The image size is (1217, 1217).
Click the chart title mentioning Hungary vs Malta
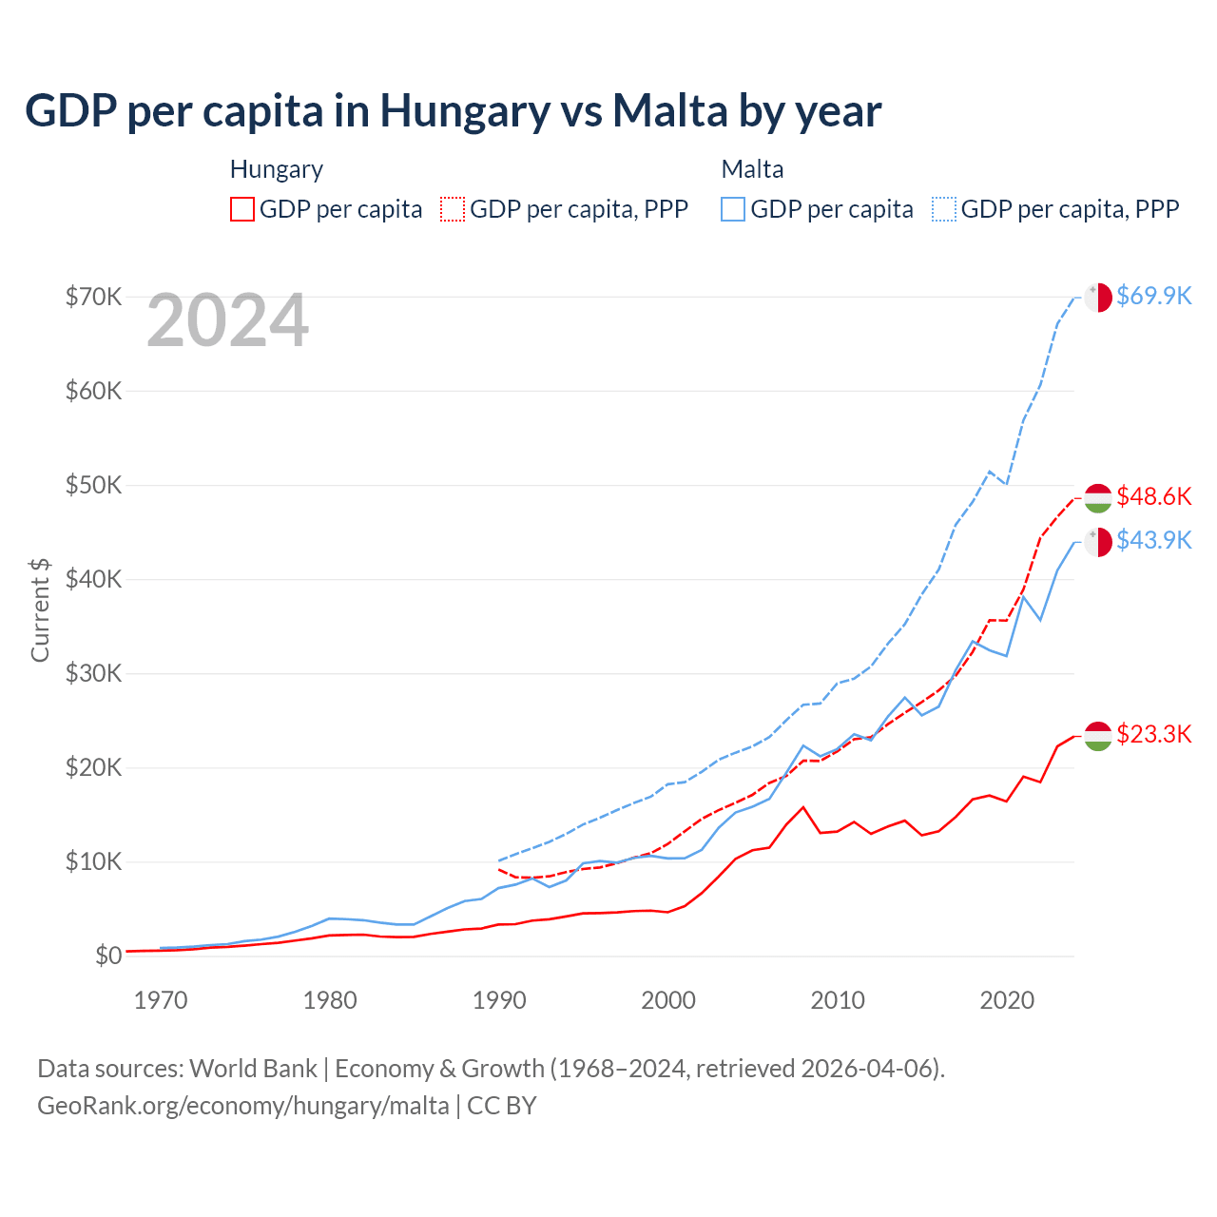[x=453, y=111]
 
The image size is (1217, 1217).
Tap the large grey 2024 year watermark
[x=227, y=321]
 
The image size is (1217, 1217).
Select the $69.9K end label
[x=1153, y=296]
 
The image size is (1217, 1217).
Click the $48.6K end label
[x=1153, y=496]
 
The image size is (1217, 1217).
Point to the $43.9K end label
[x=1153, y=540]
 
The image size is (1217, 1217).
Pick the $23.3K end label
[x=1153, y=734]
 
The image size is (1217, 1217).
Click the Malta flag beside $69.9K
[x=1098, y=297]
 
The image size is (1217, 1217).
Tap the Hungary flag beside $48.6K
[x=1098, y=497]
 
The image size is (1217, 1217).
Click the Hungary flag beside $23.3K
[x=1098, y=736]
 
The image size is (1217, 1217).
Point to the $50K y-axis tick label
[x=93, y=485]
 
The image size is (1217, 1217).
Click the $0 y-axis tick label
[x=108, y=956]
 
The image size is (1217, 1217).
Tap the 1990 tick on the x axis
[x=499, y=1000]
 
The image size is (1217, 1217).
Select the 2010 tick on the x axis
[x=838, y=1000]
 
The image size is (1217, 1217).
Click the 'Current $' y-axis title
[x=40, y=610]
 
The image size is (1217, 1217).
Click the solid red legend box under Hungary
[x=242, y=209]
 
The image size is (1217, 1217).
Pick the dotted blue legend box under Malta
[x=944, y=209]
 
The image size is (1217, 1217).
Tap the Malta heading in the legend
[x=752, y=169]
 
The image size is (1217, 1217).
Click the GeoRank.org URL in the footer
[x=242, y=1106]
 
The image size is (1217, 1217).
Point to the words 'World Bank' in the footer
[x=253, y=1069]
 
